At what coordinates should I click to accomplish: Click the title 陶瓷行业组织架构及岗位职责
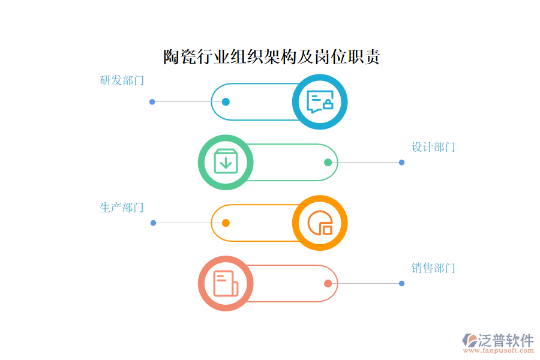click(271, 57)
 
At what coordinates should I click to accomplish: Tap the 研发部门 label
click(122, 80)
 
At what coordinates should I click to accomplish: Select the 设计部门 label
click(433, 147)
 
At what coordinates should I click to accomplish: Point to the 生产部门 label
click(122, 208)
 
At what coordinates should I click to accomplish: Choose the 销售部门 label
click(433, 268)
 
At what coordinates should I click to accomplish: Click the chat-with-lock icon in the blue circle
click(320, 101)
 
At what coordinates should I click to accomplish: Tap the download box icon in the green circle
click(226, 161)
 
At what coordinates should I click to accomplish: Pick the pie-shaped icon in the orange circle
click(320, 223)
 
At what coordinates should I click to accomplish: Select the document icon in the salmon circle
click(226, 283)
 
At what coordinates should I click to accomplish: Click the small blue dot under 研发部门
click(152, 101)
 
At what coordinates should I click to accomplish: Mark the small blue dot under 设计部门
click(401, 162)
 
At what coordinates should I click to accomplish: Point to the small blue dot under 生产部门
click(153, 223)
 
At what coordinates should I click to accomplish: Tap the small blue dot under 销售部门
click(401, 284)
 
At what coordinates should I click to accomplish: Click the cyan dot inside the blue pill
click(226, 101)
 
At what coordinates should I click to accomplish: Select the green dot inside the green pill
click(328, 162)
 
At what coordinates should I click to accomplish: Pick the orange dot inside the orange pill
click(226, 223)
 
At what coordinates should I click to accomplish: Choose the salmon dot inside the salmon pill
click(328, 284)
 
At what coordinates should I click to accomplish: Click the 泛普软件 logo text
click(506, 340)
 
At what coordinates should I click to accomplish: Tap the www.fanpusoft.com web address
click(499, 350)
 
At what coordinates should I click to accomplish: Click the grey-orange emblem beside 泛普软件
click(470, 340)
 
